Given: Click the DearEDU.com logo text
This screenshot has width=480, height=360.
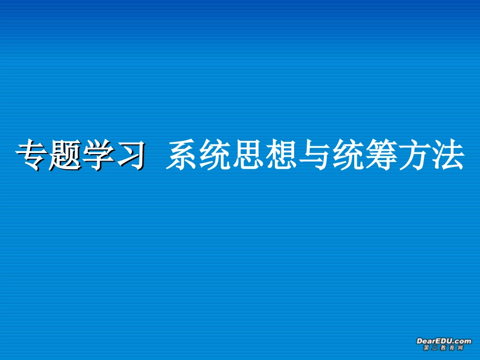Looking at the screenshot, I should coord(444,341).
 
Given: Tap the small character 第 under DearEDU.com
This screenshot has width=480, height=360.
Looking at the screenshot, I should coord(426,348).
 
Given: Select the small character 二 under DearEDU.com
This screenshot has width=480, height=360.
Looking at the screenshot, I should coord(435,348).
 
